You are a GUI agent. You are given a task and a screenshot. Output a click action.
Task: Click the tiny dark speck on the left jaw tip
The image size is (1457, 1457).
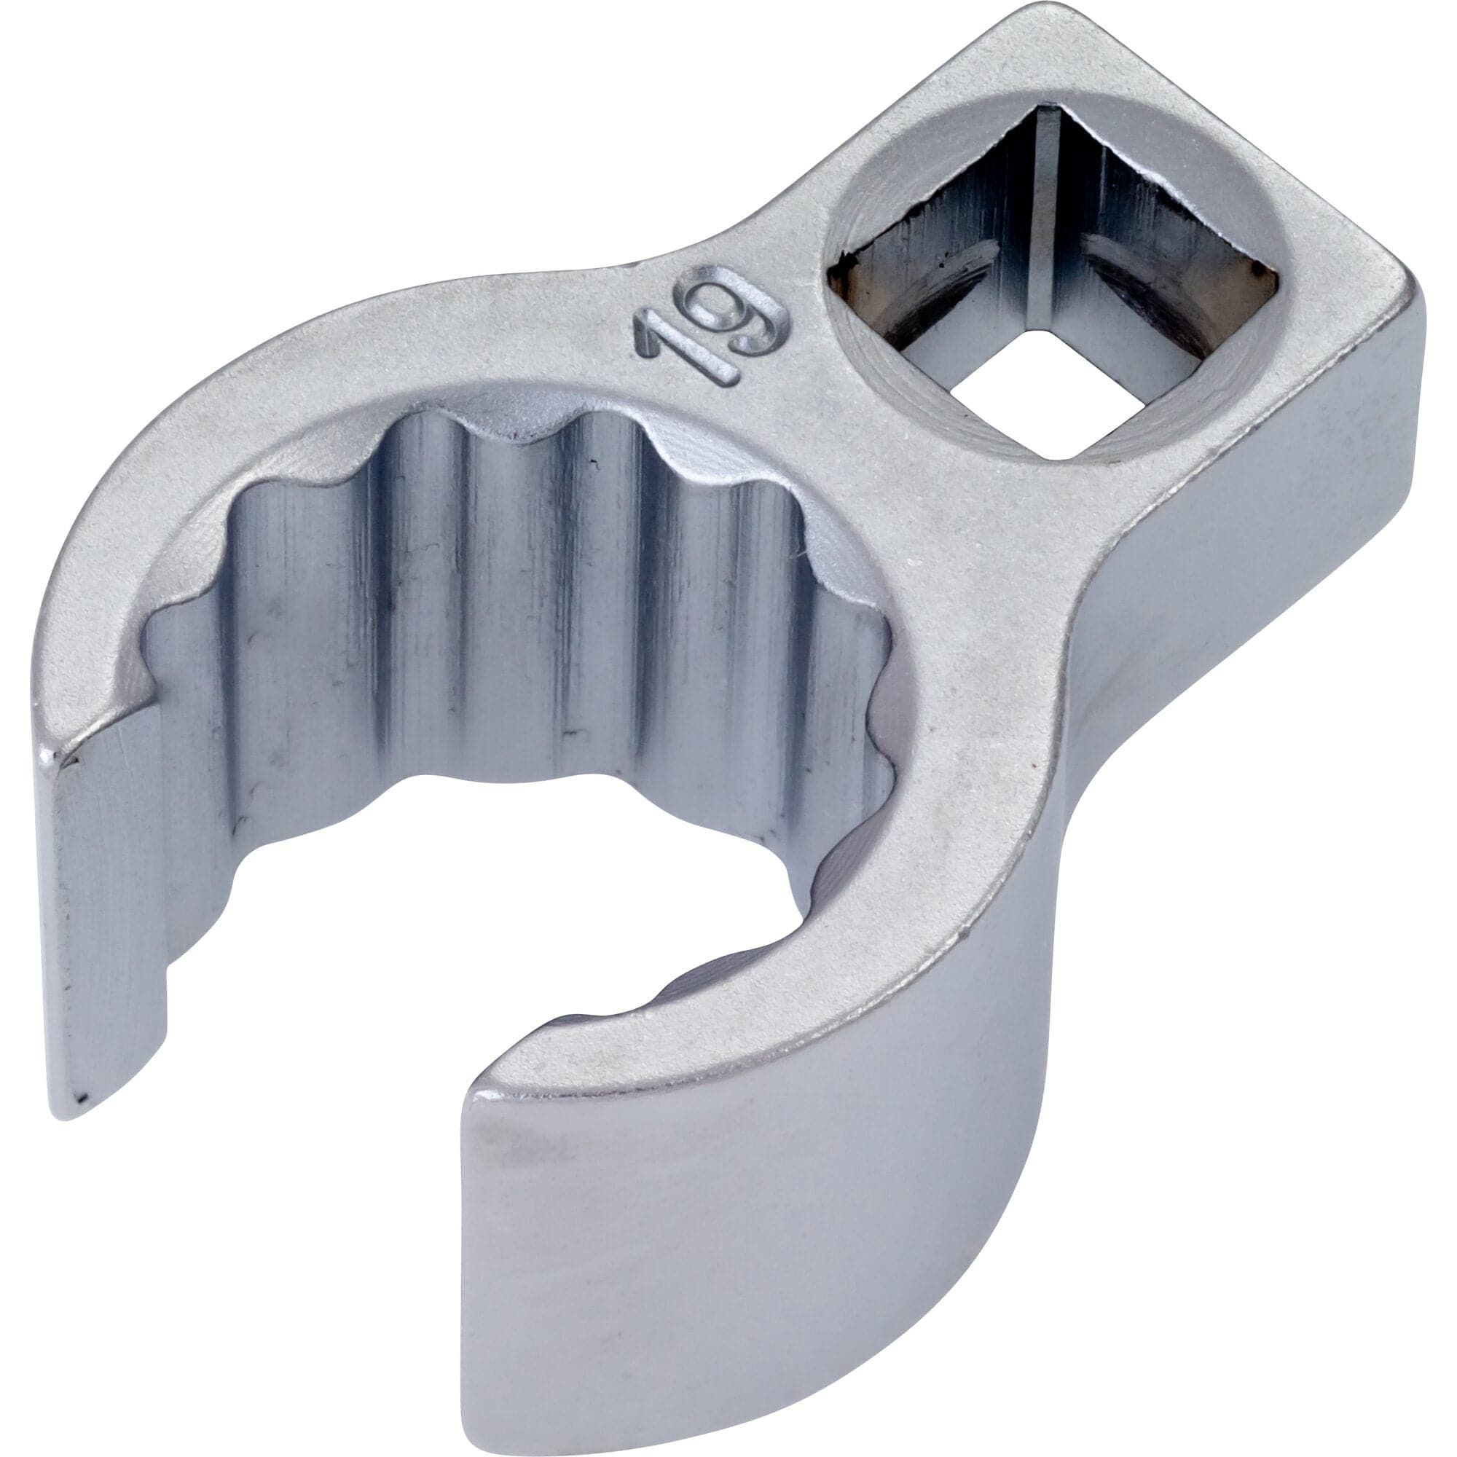(x=83, y=1097)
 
